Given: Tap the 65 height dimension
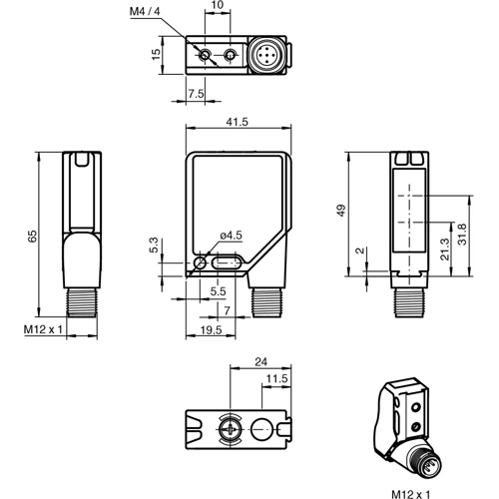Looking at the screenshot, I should pyautogui.click(x=32, y=236).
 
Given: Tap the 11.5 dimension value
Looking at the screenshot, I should pyautogui.click(x=276, y=378).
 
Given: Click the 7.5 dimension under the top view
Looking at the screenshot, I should pyautogui.click(x=196, y=94).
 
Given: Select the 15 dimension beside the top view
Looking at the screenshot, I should pyautogui.click(x=155, y=53).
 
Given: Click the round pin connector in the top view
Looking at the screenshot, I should pyautogui.click(x=266, y=54).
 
